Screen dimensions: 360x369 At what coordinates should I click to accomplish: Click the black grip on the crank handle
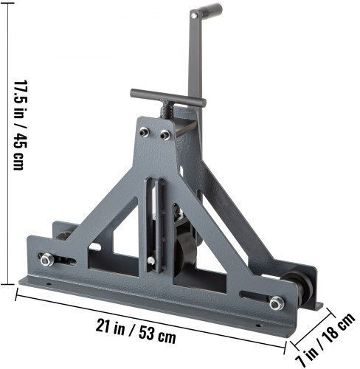[210, 10]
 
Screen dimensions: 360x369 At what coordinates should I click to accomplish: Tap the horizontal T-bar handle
[168, 97]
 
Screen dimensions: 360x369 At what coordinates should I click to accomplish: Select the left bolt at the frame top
[145, 132]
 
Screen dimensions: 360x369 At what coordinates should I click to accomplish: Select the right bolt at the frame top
[165, 135]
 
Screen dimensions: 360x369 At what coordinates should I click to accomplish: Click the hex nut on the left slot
[47, 260]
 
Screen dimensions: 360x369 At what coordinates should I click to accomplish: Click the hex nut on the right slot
[277, 303]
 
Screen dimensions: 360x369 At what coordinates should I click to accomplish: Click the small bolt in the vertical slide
[152, 261]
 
